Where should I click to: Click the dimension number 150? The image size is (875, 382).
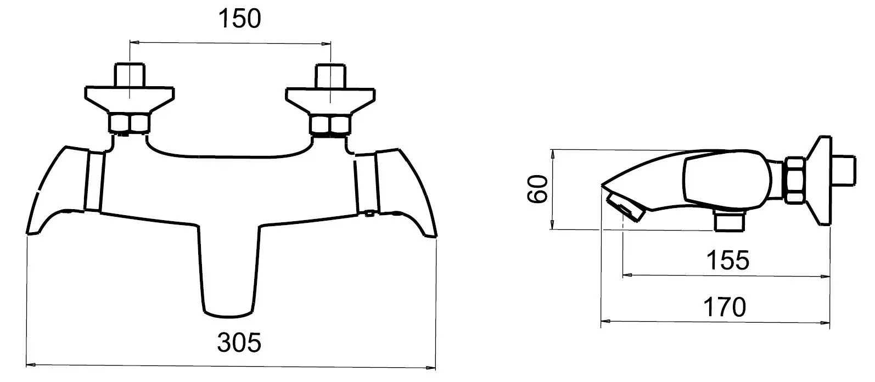pyautogui.click(x=239, y=19)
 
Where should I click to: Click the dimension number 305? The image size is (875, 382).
pyautogui.click(x=239, y=342)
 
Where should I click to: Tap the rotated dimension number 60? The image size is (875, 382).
pyautogui.click(x=537, y=189)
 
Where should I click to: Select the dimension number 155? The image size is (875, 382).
pyautogui.click(x=728, y=260)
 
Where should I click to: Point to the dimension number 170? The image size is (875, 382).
pyautogui.click(x=725, y=307)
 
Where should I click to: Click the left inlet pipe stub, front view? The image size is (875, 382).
pyautogui.click(x=130, y=75)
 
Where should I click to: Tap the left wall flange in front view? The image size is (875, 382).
pyautogui.click(x=130, y=100)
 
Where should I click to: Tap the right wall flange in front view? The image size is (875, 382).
pyautogui.click(x=330, y=102)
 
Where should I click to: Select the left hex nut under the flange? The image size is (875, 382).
pyautogui.click(x=130, y=123)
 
